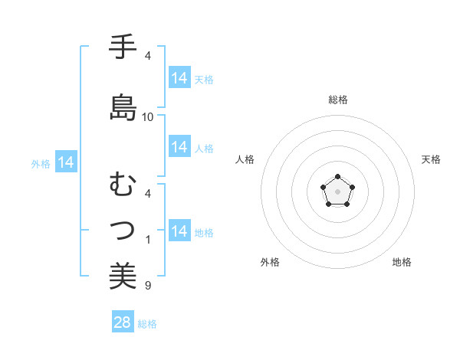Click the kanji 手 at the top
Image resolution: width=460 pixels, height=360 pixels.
(x=123, y=47)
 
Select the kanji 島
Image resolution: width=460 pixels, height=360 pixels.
(x=123, y=107)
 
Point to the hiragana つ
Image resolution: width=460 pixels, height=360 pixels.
(x=123, y=229)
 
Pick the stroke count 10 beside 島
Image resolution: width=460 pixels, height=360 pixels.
(x=148, y=116)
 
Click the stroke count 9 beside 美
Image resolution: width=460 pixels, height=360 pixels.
(x=148, y=286)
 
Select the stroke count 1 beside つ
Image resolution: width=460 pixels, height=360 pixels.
(x=148, y=240)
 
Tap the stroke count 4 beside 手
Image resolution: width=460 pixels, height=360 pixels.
(x=148, y=56)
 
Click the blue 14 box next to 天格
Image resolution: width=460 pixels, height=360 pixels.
(x=179, y=78)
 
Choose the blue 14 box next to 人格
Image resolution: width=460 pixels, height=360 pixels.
(x=179, y=147)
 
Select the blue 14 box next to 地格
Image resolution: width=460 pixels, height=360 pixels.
(x=179, y=231)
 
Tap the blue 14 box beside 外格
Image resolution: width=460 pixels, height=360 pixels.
(x=66, y=162)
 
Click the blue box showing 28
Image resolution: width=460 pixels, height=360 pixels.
(x=123, y=322)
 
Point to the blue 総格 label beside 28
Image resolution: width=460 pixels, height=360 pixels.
(x=147, y=324)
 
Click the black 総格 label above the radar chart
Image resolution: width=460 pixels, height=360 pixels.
(x=337, y=100)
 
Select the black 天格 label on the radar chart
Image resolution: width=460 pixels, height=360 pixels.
(x=432, y=159)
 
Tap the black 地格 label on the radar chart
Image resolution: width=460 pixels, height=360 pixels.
(x=402, y=262)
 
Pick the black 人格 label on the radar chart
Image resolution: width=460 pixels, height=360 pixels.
(x=245, y=159)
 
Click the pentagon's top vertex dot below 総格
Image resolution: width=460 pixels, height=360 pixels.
(x=337, y=177)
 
